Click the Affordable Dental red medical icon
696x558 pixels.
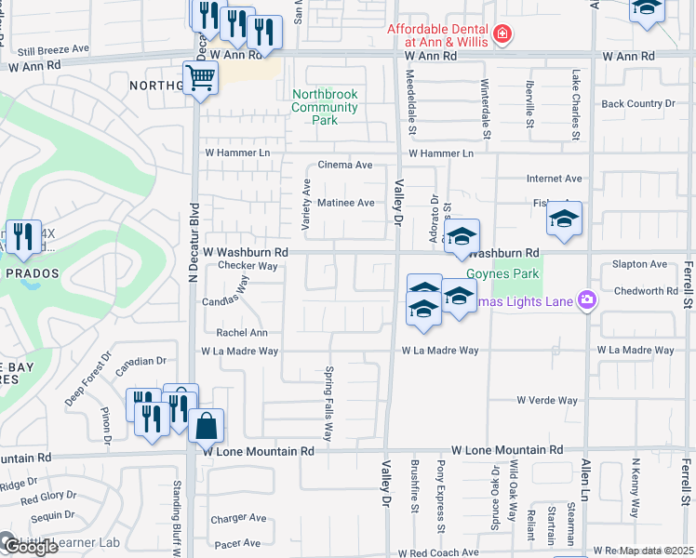[502, 34]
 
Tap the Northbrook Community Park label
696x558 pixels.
[325, 107]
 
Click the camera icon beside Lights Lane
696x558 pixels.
[587, 299]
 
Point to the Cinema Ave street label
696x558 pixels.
[344, 165]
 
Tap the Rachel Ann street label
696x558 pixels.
[242, 333]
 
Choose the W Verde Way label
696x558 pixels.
[547, 401]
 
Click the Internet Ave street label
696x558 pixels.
[554, 179]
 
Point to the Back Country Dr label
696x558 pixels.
[637, 104]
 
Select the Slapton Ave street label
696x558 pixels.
[639, 264]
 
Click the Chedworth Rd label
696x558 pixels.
[645, 291]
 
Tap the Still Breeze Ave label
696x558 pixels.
[52, 48]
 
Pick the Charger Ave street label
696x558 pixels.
[239, 518]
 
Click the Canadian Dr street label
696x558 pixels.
[141, 361]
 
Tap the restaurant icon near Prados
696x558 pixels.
[22, 237]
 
